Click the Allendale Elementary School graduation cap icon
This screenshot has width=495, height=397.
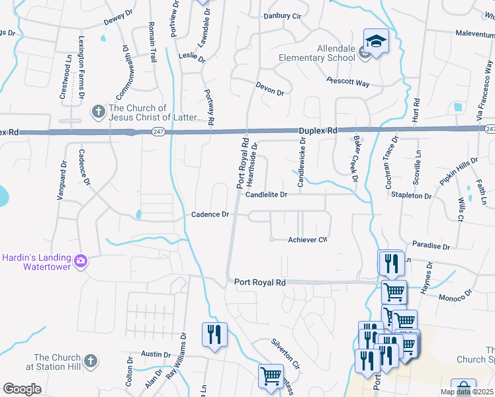[376, 42]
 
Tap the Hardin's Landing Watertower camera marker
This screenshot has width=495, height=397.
[81, 261]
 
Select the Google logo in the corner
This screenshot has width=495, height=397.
[22, 388]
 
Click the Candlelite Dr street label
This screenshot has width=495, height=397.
[266, 195]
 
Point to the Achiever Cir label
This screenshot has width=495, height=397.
[308, 240]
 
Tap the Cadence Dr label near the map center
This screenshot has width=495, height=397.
[210, 214]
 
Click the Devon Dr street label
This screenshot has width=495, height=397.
[269, 90]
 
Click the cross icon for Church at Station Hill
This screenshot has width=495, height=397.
[91, 361]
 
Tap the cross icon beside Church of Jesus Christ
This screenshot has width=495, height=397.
[97, 111]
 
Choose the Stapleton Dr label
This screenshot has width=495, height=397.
[411, 196]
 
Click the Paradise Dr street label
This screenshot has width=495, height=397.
[430, 245]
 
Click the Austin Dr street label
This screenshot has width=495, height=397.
[156, 355]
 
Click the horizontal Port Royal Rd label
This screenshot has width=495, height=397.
[259, 282]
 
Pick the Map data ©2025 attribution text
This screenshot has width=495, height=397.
[466, 392]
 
